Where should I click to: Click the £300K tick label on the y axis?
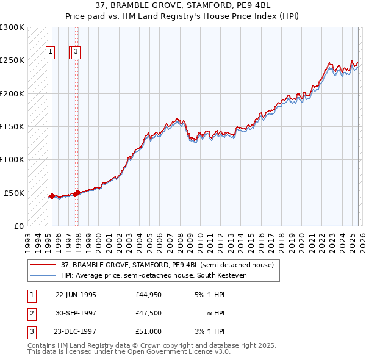coord(12,27)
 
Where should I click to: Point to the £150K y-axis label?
coord(12,126)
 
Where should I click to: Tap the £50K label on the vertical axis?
coord(14,193)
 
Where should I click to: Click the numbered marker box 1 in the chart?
coord(50,52)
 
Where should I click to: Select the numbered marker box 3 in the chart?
coord(76,52)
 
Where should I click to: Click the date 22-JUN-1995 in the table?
coord(76,295)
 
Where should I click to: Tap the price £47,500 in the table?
coord(149,313)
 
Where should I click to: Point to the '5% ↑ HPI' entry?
coord(208,295)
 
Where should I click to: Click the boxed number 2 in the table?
coord(30,313)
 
